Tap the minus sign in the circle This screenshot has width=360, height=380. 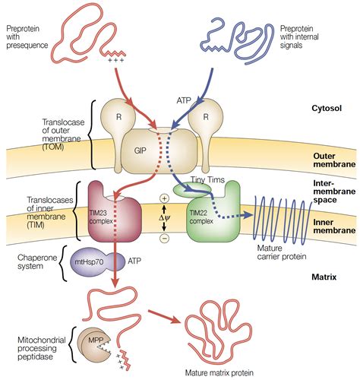[163, 236]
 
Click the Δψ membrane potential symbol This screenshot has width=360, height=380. [163, 217]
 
